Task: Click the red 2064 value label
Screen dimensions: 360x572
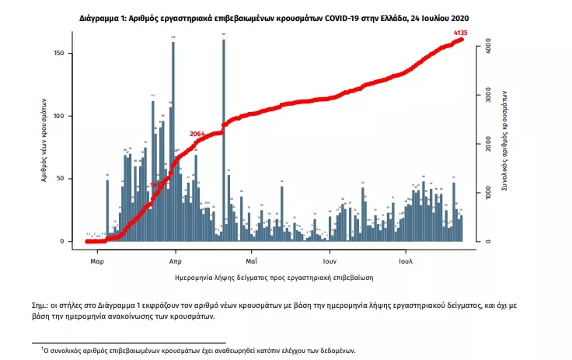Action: tap(197, 134)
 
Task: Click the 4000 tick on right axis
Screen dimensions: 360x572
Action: tap(487, 47)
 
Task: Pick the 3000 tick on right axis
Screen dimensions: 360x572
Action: tap(487, 96)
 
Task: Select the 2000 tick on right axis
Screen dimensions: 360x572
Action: tap(487, 145)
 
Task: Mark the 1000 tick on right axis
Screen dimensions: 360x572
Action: tap(487, 193)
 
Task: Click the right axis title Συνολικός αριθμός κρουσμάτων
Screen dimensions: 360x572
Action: tap(504, 145)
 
